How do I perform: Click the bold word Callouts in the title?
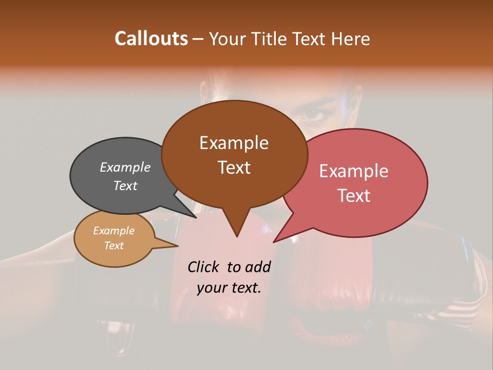[x=151, y=39]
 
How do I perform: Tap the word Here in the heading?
[x=349, y=39]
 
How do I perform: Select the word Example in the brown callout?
[x=234, y=143]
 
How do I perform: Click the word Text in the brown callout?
[x=234, y=168]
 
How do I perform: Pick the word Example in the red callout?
[x=354, y=171]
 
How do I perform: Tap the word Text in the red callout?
[x=354, y=196]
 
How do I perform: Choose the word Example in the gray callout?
[x=125, y=167]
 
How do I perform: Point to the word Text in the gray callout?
[x=125, y=186]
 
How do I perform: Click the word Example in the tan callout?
[x=113, y=231]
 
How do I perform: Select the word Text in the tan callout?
[x=113, y=246]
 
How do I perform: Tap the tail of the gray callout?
[x=193, y=215]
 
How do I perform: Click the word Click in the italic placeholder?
[x=204, y=267]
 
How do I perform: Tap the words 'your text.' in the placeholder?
[x=229, y=288]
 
